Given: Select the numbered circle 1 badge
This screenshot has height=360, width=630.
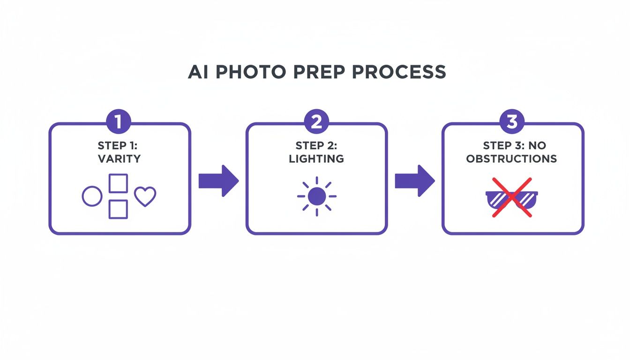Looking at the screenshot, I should pos(119,122).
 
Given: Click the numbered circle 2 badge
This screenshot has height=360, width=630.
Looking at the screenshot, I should pos(316,122).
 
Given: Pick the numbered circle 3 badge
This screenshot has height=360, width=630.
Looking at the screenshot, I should pos(512,122).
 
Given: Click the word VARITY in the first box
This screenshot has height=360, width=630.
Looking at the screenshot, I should pos(119,158).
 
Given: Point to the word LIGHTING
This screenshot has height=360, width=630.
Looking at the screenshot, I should pos(316,158).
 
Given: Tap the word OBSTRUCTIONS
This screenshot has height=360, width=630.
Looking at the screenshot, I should pos(511,158).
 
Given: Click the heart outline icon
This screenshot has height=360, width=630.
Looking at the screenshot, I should pos(145,197).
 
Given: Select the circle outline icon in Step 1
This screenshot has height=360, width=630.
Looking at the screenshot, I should pos(92,196).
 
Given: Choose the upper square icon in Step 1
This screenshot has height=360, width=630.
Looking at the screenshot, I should pos(118,183).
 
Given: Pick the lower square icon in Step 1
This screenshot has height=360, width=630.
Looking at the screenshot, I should pos(118,209).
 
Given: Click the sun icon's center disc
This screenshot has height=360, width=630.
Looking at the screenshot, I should pos(317,196).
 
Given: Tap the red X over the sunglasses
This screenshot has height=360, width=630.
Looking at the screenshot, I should pos(511,197).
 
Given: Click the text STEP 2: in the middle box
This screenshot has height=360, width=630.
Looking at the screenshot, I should pos(316,146).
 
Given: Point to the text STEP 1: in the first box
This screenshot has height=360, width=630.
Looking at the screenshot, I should pos(119,146).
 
